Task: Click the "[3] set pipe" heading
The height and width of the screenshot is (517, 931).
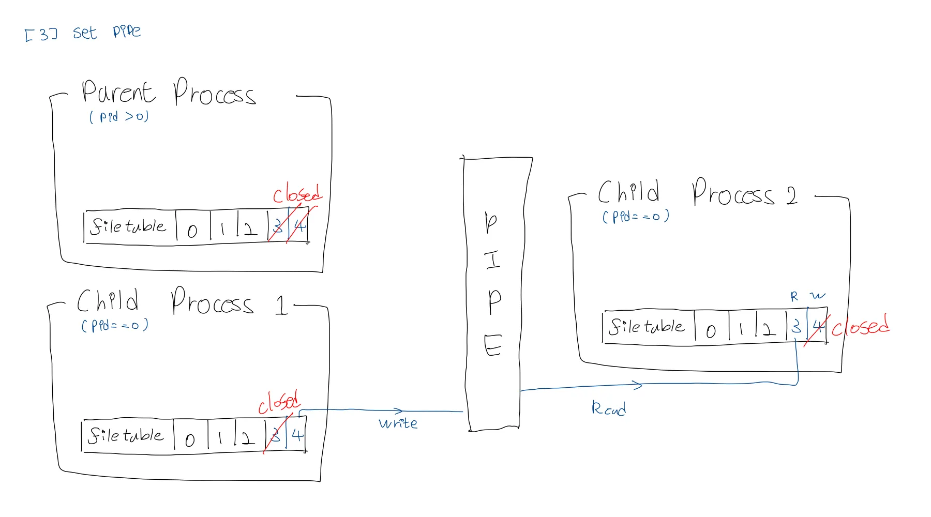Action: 83,33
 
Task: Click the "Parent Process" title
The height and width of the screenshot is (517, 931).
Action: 168,93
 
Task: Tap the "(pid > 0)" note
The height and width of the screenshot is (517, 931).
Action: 119,117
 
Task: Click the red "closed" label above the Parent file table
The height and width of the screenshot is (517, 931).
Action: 297,194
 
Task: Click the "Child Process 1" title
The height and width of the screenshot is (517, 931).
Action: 181,302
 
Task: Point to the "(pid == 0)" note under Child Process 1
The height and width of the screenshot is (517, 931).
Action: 115,325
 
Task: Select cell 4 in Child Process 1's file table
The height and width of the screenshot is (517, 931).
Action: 297,435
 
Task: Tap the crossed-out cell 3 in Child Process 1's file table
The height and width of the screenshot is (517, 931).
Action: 276,436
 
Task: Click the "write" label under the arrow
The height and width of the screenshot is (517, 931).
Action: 398,423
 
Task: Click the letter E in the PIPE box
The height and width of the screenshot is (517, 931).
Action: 492,345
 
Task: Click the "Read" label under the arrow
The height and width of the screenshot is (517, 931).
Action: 608,409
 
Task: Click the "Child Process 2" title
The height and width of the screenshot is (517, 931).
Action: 697,194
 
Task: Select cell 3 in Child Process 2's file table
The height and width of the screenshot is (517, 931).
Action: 797,327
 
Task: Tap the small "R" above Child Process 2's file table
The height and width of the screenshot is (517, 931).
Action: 794,297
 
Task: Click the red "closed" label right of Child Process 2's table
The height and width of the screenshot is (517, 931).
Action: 860,326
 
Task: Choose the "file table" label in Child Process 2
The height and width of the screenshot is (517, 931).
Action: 647,327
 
